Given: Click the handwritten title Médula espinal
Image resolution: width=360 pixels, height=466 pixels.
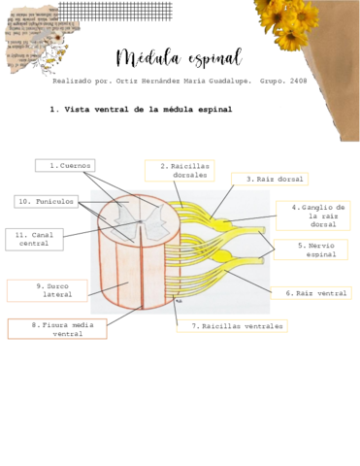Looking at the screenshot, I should tap(179, 57).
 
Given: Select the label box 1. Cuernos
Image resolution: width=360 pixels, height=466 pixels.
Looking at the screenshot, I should tap(65, 166).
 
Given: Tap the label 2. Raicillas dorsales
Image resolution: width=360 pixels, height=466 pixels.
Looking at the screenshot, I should tap(180, 171).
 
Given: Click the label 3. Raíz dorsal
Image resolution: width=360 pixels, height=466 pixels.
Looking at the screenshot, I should tap(269, 180).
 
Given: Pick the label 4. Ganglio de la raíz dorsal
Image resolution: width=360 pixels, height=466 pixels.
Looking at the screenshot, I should tap(311, 216).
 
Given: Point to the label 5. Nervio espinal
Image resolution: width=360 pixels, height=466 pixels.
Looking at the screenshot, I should tap(310, 250).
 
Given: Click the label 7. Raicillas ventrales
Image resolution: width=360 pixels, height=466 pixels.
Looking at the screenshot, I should tap(238, 327).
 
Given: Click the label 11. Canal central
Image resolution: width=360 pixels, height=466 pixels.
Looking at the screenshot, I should tap(34, 239).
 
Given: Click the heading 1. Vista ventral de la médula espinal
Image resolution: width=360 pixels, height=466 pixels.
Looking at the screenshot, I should tap(141, 111).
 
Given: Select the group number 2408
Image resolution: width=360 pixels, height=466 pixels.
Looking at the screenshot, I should tap(297, 82).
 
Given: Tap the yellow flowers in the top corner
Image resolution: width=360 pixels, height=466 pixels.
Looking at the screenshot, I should tap(291, 21).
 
